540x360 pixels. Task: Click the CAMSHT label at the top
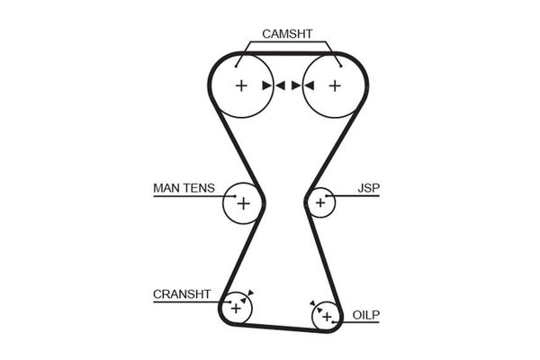point(287,33)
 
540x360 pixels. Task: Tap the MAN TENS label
point(184,188)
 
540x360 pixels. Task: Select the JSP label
point(369,188)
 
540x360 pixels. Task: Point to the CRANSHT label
point(182,294)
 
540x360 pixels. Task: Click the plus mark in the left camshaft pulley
point(241,86)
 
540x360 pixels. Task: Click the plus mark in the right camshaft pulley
point(335,86)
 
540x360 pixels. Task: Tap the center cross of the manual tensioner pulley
point(242,203)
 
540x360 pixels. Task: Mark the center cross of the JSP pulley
point(319,202)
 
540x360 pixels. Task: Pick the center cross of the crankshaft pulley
point(236,308)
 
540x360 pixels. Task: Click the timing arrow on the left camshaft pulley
point(267,86)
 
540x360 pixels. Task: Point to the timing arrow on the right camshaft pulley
point(309,86)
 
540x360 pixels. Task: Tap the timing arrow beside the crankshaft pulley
point(250,292)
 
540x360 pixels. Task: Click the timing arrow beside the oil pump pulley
point(311,303)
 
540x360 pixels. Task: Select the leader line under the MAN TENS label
point(189,196)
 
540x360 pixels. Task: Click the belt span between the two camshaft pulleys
point(288,55)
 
